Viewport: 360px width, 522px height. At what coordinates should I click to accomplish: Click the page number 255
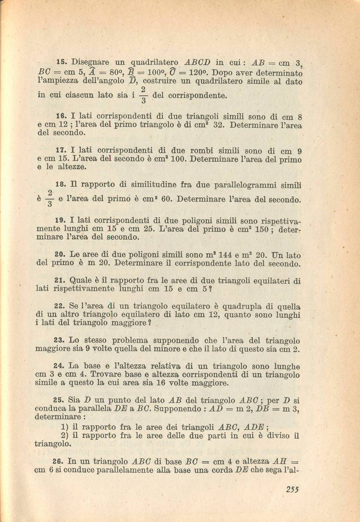pos(292,489)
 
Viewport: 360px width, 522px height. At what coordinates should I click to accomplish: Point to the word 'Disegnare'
pos(90,62)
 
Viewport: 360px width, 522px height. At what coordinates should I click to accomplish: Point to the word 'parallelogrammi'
pos(246,185)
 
